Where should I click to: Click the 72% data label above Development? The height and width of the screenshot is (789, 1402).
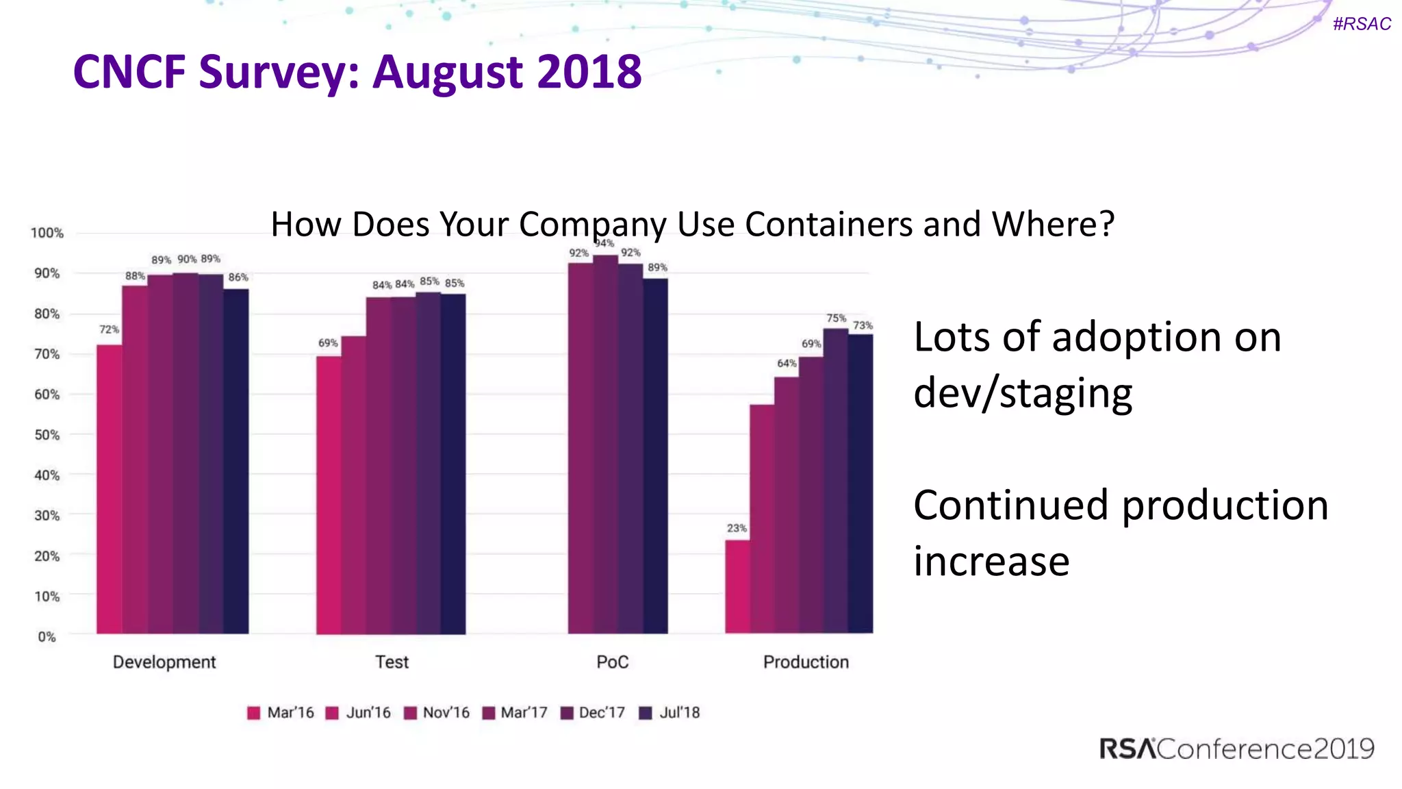(109, 329)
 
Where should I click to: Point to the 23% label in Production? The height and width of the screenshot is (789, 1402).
(737, 528)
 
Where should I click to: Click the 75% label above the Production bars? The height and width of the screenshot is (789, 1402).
(836, 318)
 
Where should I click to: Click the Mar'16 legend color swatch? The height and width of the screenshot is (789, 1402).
(254, 713)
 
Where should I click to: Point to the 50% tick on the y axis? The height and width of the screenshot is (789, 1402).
(47, 435)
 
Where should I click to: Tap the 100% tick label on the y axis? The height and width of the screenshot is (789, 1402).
(47, 233)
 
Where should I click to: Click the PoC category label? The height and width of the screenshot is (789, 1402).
(612, 662)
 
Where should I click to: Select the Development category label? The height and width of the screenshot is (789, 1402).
(164, 662)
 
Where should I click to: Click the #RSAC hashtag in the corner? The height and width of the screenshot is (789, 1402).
(1362, 24)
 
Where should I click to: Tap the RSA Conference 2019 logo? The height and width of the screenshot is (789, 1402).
(1236, 749)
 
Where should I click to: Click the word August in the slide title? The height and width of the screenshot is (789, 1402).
(449, 72)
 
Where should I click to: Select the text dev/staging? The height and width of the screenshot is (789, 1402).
(1023, 393)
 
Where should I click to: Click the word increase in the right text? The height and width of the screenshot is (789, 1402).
(991, 561)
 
